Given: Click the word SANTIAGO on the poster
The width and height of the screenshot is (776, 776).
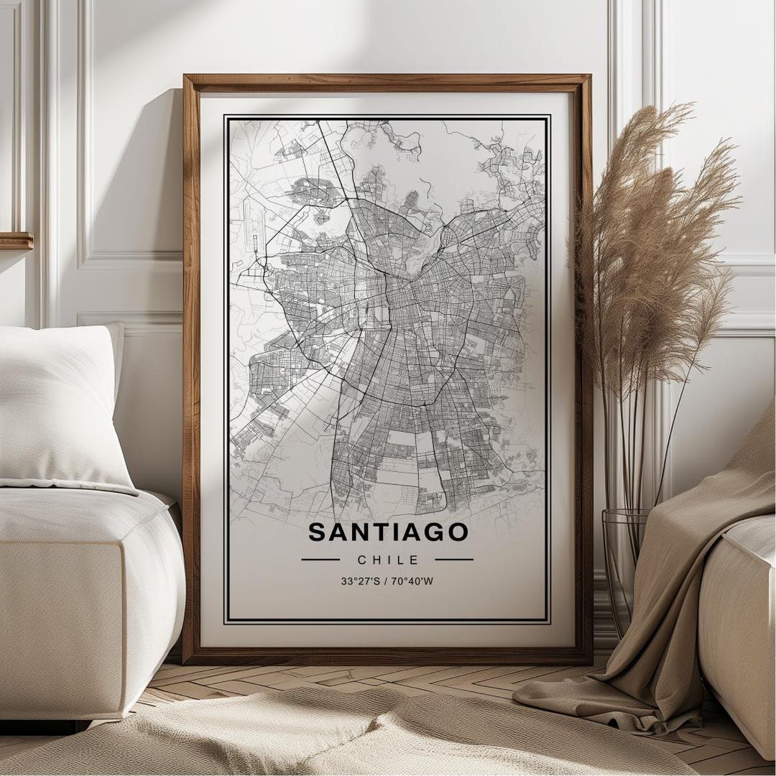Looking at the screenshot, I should [x=388, y=532].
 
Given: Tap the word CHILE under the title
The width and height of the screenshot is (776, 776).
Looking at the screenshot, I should [x=387, y=560].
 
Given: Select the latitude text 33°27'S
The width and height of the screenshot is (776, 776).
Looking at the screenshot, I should [x=360, y=581].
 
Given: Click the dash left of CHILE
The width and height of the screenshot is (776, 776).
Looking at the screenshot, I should [x=320, y=559].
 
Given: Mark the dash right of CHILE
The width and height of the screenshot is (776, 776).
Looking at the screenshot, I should [x=454, y=559].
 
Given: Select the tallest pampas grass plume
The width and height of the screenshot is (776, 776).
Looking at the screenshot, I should [x=647, y=180].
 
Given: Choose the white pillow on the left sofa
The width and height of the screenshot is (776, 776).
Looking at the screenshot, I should [x=61, y=406].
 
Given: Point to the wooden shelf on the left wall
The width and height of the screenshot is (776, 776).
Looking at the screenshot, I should [x=16, y=241].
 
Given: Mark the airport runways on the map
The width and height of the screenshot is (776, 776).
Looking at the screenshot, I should [x=253, y=230].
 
